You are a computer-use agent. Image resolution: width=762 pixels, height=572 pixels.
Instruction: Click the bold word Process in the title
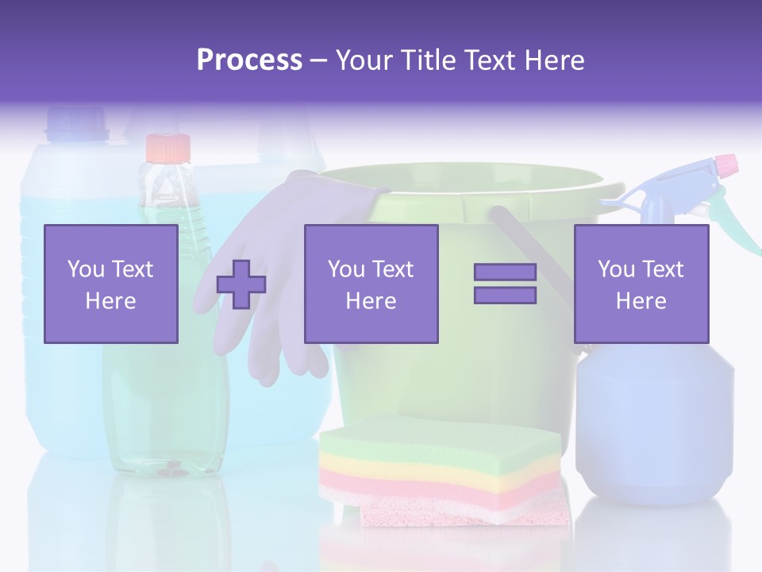[249, 60]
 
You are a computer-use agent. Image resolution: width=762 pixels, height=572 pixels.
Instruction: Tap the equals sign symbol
[505, 284]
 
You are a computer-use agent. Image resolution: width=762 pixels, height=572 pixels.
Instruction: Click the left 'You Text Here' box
[111, 284]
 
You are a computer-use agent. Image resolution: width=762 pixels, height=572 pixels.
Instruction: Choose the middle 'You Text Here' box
[371, 284]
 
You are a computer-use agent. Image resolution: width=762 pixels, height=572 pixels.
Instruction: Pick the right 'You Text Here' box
[641, 284]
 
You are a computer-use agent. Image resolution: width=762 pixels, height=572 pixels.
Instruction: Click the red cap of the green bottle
[168, 148]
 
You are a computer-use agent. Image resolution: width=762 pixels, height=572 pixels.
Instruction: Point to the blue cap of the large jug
[76, 123]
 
